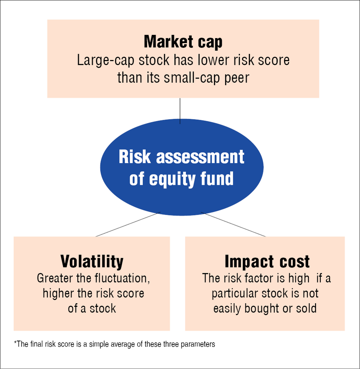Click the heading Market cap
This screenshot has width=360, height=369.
point(183,42)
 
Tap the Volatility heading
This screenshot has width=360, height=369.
point(92,261)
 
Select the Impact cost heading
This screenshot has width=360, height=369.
point(267,261)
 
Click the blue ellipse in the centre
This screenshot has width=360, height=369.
point(182,167)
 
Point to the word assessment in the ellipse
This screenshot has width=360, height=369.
point(200,157)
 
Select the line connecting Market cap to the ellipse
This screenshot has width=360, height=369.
point(180,111)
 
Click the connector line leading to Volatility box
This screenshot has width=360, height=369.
point(128,224)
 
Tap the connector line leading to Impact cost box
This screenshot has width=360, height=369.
point(233,224)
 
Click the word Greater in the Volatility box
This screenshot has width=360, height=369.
point(55,278)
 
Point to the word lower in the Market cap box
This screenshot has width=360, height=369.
point(213,60)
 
